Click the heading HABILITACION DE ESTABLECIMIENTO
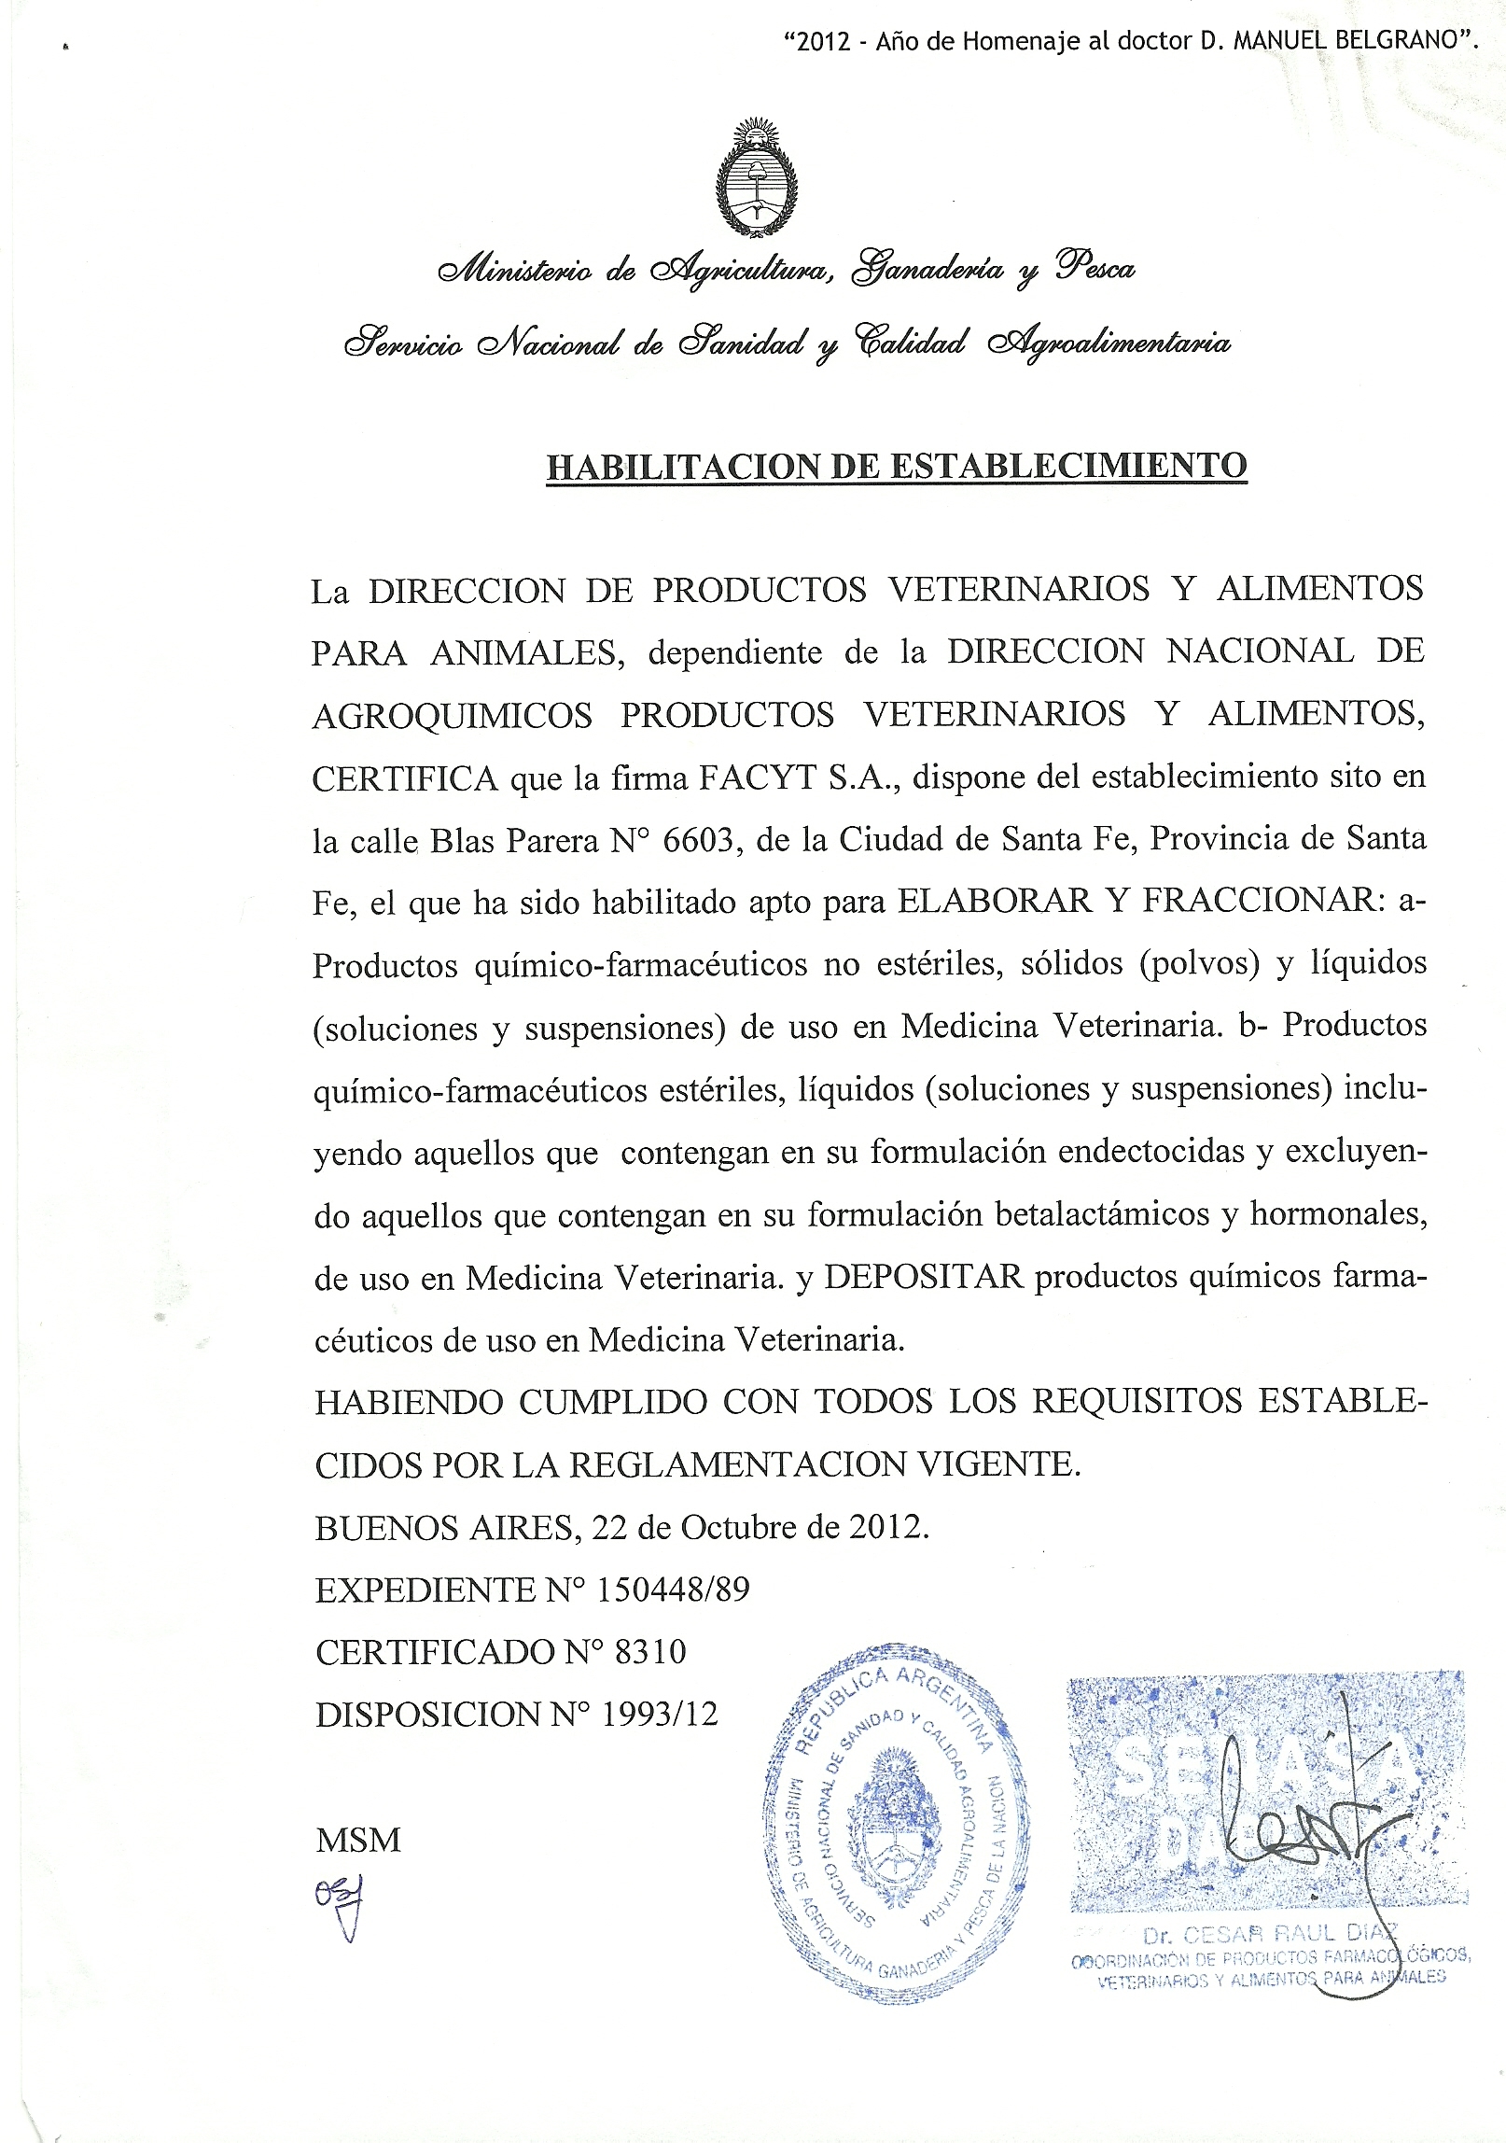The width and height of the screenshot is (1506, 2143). click(x=896, y=466)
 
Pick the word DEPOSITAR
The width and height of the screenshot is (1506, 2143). click(x=924, y=1277)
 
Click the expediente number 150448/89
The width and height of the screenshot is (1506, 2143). click(x=672, y=1590)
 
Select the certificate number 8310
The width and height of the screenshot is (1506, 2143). click(x=650, y=1653)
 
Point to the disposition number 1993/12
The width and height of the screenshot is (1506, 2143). click(x=660, y=1715)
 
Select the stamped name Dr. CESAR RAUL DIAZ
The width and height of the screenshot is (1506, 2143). click(x=1270, y=1933)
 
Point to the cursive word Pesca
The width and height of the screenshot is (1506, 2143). click(x=1095, y=268)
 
